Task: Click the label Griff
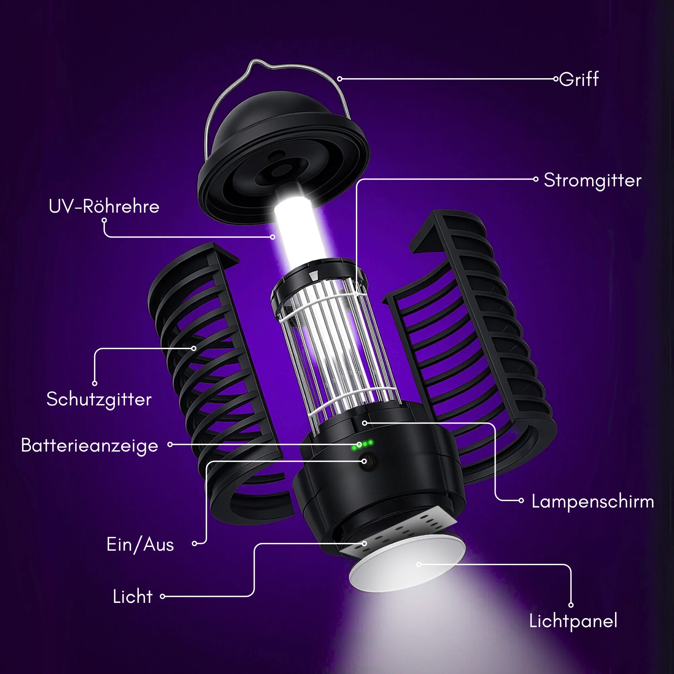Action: coord(579,79)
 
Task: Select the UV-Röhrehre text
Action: coord(104,206)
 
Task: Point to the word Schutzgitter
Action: coord(99,399)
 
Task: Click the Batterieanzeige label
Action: coord(90,446)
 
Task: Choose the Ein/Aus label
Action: coord(140,545)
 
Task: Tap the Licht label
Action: coord(132,596)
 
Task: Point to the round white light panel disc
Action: coord(407,565)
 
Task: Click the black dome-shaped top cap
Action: coord(283,157)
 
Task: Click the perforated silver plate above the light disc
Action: coord(398,534)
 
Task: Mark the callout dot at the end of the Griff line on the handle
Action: coord(339,79)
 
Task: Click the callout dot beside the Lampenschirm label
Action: coord(521,501)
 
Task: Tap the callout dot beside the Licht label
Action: coord(162,596)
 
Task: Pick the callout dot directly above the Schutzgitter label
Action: coord(95,384)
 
